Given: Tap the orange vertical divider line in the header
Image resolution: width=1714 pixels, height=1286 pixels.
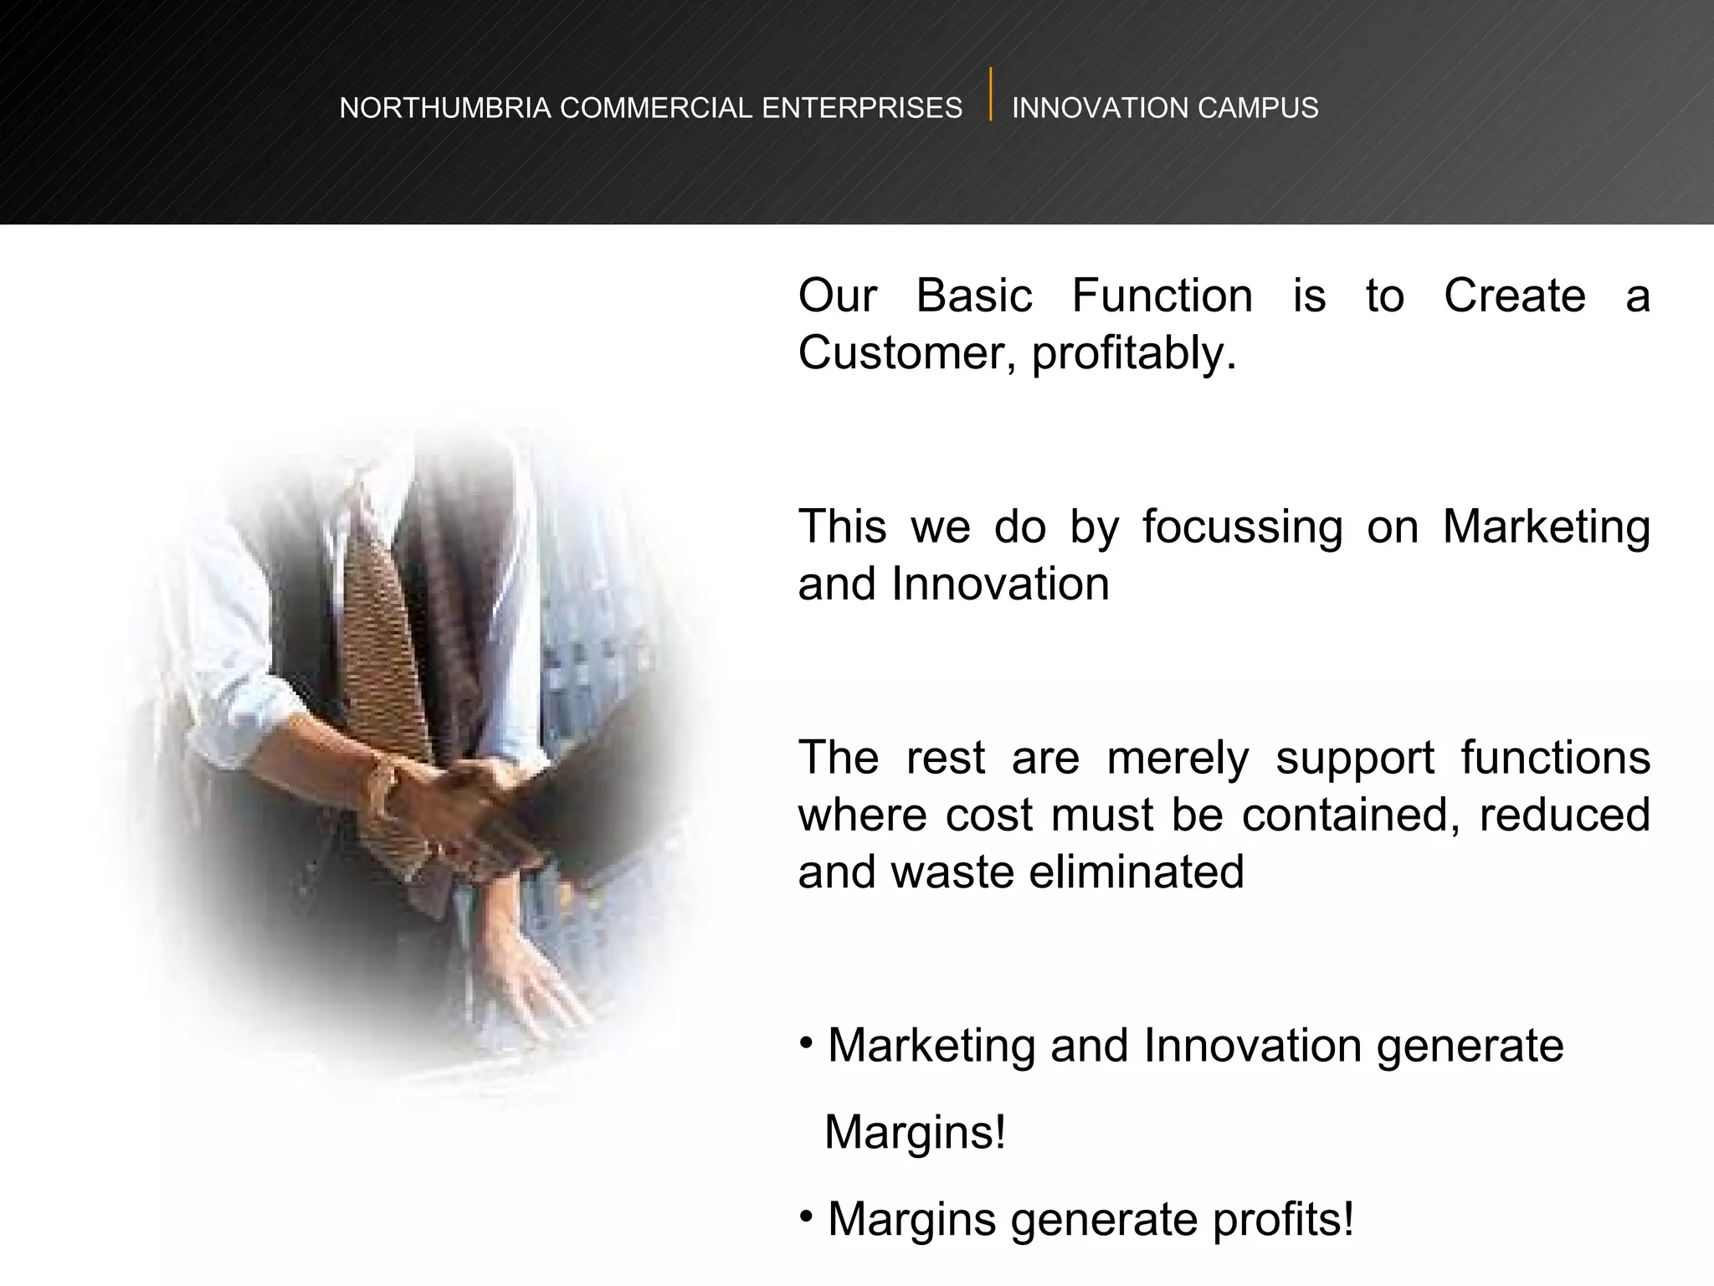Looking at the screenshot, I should (x=990, y=94).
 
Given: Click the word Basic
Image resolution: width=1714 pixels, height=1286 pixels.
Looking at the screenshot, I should (x=974, y=296).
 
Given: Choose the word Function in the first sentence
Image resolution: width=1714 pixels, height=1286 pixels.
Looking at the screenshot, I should (x=1162, y=296).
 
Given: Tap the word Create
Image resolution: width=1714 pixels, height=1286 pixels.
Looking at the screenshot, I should (x=1514, y=296).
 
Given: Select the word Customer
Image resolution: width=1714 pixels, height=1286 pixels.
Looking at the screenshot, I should (x=907, y=353).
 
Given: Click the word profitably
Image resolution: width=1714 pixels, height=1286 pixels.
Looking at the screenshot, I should (x=1133, y=353).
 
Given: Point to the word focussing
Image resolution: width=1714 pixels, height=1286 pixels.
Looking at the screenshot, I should (x=1242, y=527).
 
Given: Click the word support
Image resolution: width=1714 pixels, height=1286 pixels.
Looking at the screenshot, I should (x=1354, y=759).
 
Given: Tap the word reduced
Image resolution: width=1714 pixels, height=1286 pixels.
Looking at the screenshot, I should (x=1563, y=815).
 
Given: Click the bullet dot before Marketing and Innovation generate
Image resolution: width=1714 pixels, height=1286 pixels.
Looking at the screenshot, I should (x=805, y=1042).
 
